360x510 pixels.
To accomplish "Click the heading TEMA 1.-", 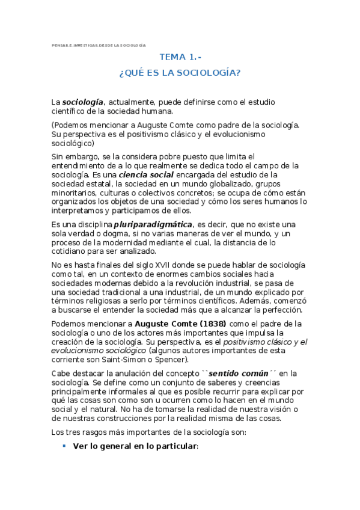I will pos(180,57).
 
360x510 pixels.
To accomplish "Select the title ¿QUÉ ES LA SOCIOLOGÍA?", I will pos(180,73).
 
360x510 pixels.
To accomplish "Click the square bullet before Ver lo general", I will pos(64,446).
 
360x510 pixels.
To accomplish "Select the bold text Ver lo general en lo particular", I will pos(135,446).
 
